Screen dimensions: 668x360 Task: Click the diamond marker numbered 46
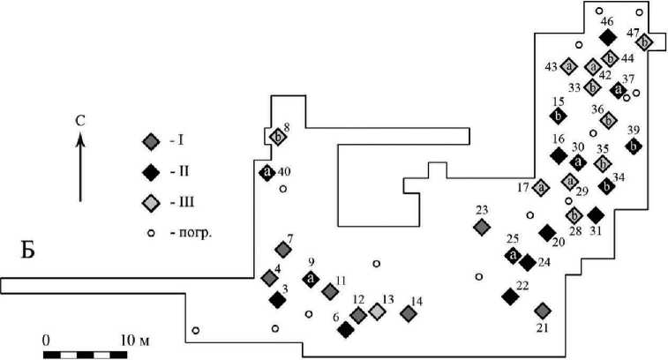[607, 37]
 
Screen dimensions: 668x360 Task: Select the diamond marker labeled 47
[644, 42]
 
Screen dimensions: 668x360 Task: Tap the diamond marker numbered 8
[278, 137]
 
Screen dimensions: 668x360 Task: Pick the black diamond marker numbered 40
[267, 173]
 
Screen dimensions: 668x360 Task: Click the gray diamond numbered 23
[482, 227]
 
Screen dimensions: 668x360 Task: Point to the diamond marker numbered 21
[543, 311]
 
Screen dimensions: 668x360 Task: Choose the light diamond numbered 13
[377, 311]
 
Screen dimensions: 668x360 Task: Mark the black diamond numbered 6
[346, 329]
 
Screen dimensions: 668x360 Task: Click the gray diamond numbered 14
[409, 314]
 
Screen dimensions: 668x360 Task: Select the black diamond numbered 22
[510, 296]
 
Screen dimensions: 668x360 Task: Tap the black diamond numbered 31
[596, 215]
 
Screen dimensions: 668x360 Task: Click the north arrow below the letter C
[80, 166]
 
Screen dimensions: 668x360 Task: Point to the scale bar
[86, 355]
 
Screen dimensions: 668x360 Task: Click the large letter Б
[27, 250]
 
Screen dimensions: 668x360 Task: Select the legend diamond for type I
[151, 142]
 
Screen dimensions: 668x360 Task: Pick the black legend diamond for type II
[151, 172]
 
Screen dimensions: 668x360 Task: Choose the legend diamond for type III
[151, 202]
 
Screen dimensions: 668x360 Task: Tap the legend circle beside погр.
[151, 234]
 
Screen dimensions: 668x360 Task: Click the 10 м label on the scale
[135, 341]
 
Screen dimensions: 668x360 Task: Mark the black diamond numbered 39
[634, 146]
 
